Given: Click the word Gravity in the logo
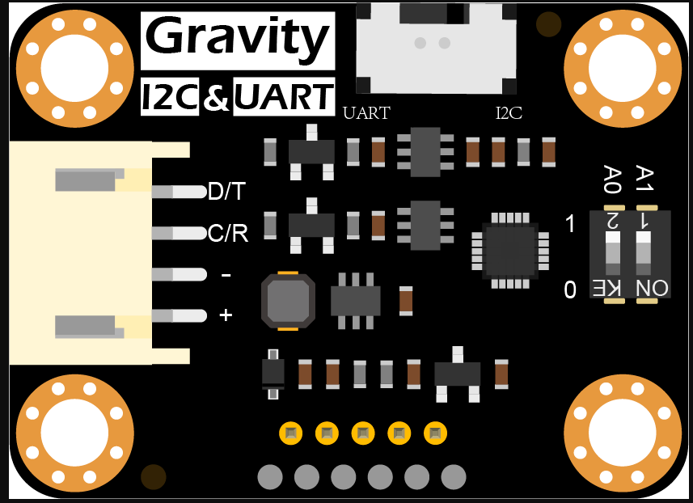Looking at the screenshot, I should (x=237, y=37).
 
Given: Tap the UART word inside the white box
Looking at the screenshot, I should (x=284, y=97).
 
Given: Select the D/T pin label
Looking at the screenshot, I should (x=227, y=192).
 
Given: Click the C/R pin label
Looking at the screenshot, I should (x=227, y=234).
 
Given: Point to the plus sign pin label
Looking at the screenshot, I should (x=226, y=315).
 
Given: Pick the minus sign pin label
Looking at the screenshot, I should (x=226, y=275).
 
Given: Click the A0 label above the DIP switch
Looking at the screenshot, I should (x=612, y=179).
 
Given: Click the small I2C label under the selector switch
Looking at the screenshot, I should (x=509, y=113).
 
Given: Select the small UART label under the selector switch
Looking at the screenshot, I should (x=366, y=113).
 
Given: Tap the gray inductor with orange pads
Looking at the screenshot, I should (x=288, y=302).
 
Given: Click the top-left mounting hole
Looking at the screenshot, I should (x=74, y=69).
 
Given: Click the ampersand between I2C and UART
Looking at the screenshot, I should (x=216, y=98).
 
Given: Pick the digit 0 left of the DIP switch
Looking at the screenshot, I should (x=570, y=290).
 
